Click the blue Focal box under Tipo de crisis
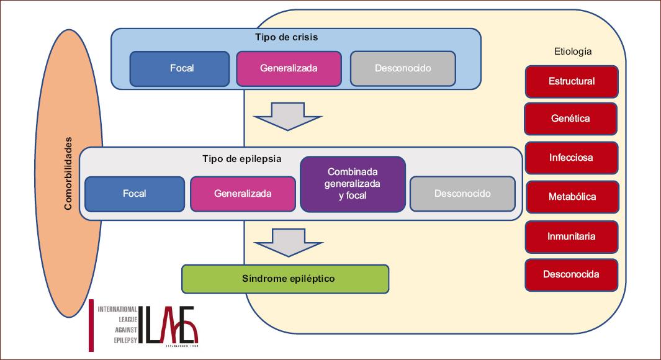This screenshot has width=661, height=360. click(179, 69)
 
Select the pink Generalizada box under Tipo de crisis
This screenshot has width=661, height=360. click(289, 69)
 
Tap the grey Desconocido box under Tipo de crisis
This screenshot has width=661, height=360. click(403, 69)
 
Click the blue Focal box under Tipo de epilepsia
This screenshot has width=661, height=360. click(135, 194)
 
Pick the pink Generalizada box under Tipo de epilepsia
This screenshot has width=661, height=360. click(243, 194)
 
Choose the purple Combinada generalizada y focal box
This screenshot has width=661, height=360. click(353, 184)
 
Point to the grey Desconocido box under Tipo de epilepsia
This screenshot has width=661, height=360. click(462, 194)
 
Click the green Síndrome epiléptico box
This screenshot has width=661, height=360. click(286, 279)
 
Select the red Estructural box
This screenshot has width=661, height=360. click(572, 82)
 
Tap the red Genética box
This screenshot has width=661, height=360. click(571, 119)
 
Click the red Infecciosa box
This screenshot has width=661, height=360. click(572, 158)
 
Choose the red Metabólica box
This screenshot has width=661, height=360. click(572, 197)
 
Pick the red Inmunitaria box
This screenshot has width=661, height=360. click(572, 237)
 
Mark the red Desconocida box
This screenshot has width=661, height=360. click(572, 275)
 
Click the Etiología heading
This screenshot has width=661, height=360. click(573, 52)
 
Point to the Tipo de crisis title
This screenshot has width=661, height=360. click(287, 37)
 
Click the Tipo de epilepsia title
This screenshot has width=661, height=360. click(242, 159)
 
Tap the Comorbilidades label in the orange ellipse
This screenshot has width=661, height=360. click(68, 173)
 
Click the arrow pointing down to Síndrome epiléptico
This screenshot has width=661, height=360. click(289, 243)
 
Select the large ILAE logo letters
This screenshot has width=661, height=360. click(168, 325)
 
